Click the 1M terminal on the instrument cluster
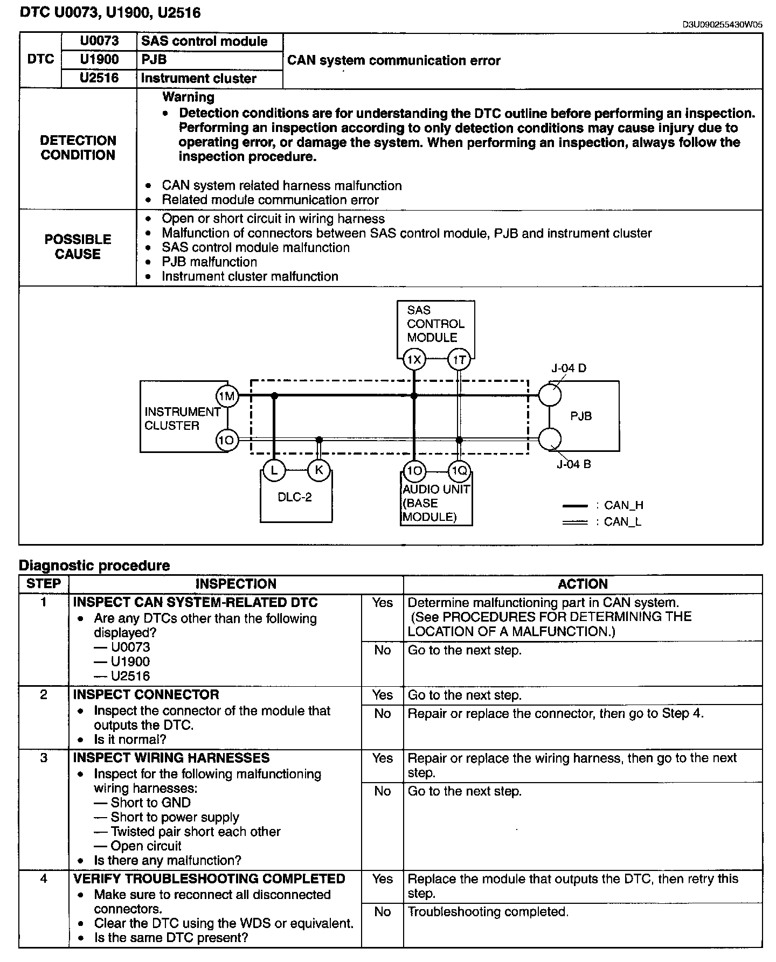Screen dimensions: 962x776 227,397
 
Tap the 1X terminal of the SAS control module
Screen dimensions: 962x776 414,360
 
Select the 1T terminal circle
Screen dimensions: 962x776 459,360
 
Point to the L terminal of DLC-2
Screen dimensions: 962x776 274,470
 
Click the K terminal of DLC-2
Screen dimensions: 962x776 318,470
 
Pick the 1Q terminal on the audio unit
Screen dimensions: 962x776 459,472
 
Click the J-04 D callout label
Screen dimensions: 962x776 569,368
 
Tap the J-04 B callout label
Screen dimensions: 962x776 573,464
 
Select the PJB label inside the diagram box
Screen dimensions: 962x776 581,416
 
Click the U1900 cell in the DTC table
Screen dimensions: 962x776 99,59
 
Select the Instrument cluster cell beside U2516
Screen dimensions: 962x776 198,79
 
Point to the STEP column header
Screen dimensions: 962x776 44,584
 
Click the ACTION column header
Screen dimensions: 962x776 583,584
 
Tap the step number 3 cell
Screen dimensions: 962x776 44,758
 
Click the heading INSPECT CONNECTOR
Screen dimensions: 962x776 146,695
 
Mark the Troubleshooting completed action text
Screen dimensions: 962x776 488,912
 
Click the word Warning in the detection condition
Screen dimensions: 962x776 188,97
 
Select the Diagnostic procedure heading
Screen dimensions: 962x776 94,566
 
